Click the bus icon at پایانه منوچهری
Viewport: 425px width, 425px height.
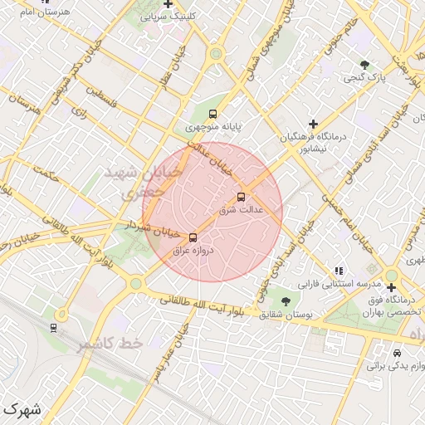click(213, 115)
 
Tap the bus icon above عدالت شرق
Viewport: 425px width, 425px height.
click(241, 198)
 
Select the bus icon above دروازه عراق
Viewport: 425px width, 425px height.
click(193, 237)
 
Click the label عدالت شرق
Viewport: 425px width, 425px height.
click(241, 210)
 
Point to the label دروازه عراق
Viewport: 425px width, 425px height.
click(193, 249)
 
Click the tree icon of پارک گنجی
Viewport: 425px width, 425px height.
click(364, 65)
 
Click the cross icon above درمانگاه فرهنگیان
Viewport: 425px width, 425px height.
click(313, 124)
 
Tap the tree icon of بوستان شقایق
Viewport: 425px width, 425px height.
click(286, 301)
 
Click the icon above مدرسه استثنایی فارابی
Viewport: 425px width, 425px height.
click(338, 270)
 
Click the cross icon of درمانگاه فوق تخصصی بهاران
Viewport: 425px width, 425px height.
click(391, 287)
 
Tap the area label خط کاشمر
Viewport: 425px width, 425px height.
click(110, 343)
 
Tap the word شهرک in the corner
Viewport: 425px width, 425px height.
click(21, 409)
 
